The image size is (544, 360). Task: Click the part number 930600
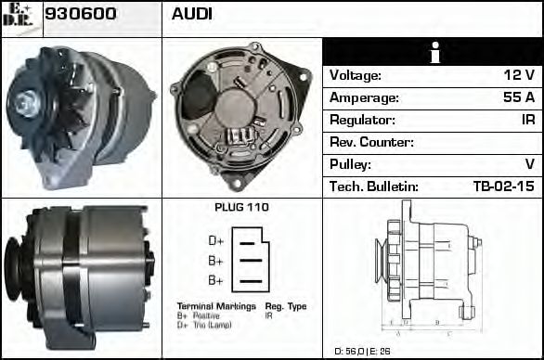[x=81, y=15]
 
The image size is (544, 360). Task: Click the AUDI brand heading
[x=192, y=15]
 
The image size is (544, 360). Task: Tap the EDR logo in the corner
[x=19, y=16]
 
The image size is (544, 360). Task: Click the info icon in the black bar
[x=433, y=53]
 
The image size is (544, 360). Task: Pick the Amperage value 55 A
[x=519, y=97]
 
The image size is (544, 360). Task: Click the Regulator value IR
[x=527, y=120]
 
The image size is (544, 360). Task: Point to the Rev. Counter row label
[x=371, y=142]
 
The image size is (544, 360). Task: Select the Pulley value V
[x=529, y=164]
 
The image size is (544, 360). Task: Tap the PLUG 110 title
[x=241, y=208]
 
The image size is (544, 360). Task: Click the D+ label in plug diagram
[x=215, y=241]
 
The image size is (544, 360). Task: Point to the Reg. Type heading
[x=286, y=306]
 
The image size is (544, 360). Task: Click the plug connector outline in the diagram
[x=251, y=261]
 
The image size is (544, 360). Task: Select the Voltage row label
[x=356, y=75]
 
